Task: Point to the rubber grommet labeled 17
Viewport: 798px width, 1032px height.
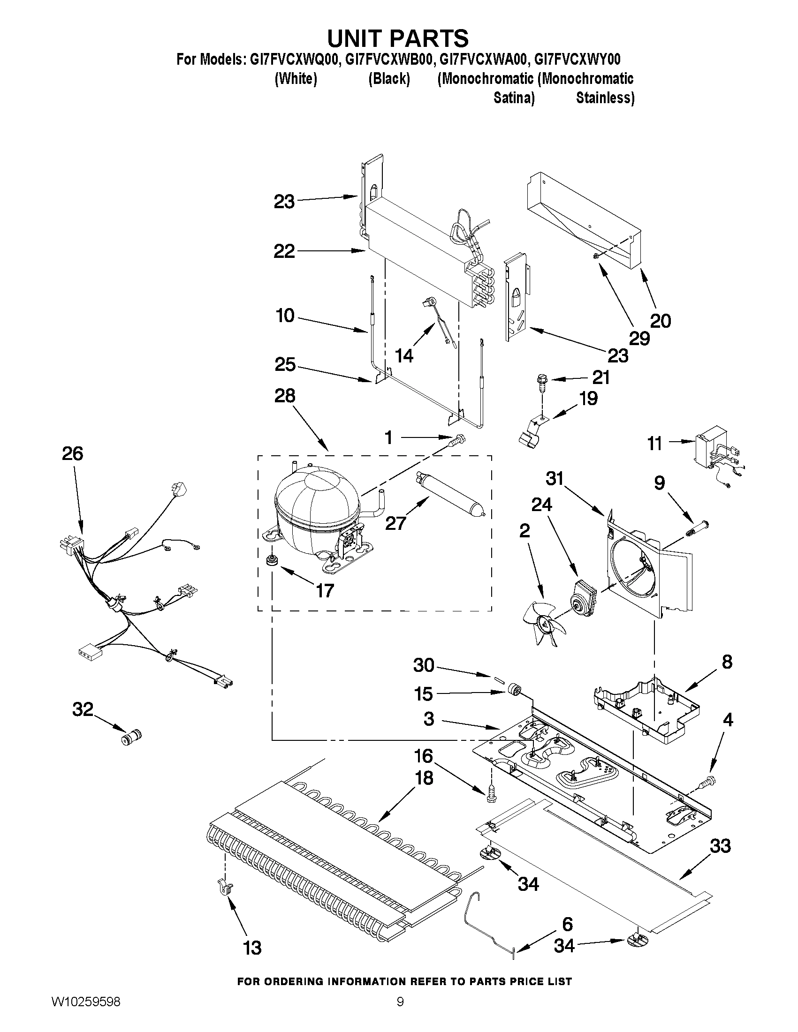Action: point(272,560)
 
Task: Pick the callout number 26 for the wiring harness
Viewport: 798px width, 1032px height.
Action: point(72,453)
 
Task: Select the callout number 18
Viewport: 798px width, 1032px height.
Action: point(424,777)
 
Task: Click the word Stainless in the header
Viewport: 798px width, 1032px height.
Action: point(605,98)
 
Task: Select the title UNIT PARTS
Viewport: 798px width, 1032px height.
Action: point(398,38)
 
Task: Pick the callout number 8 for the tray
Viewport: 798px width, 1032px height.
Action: point(727,662)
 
